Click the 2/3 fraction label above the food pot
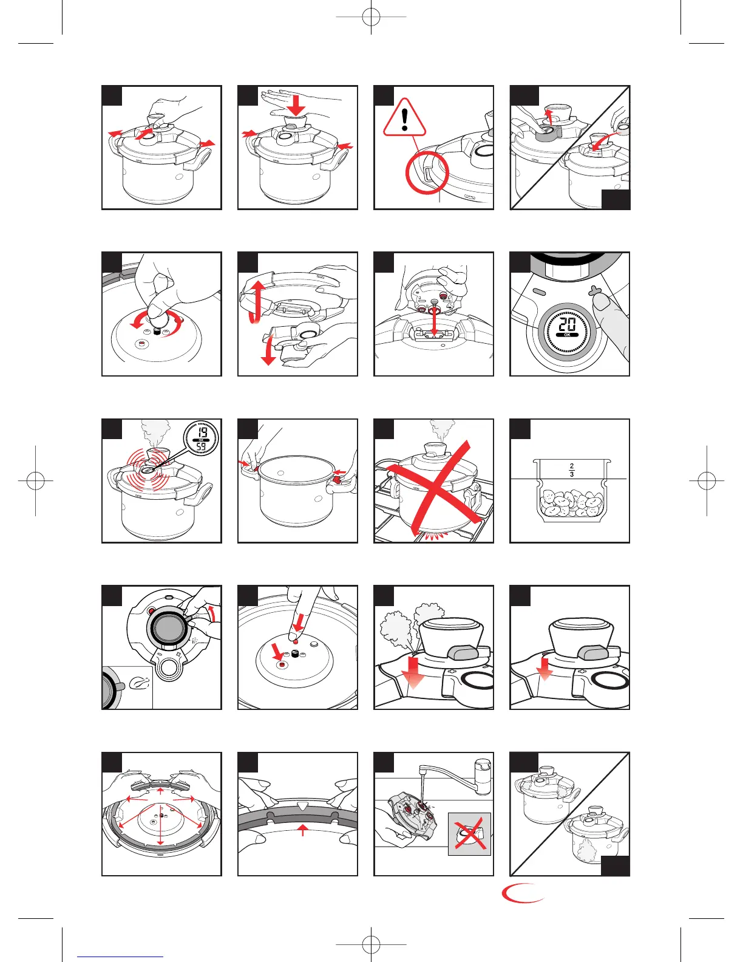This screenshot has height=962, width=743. click(x=572, y=469)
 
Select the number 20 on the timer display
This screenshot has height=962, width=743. click(x=567, y=326)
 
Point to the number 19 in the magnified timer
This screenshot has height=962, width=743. click(x=202, y=432)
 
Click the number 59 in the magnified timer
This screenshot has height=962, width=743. click(x=202, y=447)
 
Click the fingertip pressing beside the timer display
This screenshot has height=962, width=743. click(x=600, y=303)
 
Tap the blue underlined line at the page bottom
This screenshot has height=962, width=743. click(x=120, y=957)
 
